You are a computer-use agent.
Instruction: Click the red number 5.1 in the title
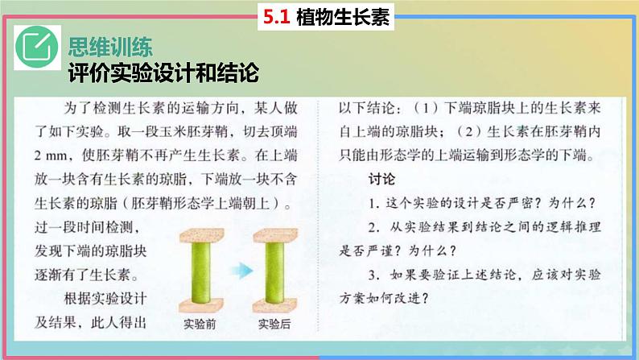click(276, 17)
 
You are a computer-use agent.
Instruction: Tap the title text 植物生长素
click(343, 17)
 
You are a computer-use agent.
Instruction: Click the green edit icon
click(37, 48)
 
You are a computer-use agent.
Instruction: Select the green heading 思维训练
click(110, 47)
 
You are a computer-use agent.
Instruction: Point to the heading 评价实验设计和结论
click(163, 73)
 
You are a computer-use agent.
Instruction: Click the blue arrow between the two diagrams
click(242, 271)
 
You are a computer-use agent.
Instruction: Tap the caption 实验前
click(200, 324)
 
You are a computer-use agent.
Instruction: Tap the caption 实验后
click(274, 324)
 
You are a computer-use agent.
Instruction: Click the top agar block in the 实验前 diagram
click(202, 236)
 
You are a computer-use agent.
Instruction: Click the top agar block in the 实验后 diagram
click(275, 236)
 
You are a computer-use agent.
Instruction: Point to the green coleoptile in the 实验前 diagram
click(201, 272)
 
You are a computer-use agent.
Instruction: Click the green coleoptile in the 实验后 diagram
click(274, 272)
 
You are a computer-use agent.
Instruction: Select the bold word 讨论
click(381, 179)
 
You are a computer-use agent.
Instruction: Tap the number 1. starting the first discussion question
click(374, 204)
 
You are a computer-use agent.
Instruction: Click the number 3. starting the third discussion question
click(374, 275)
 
